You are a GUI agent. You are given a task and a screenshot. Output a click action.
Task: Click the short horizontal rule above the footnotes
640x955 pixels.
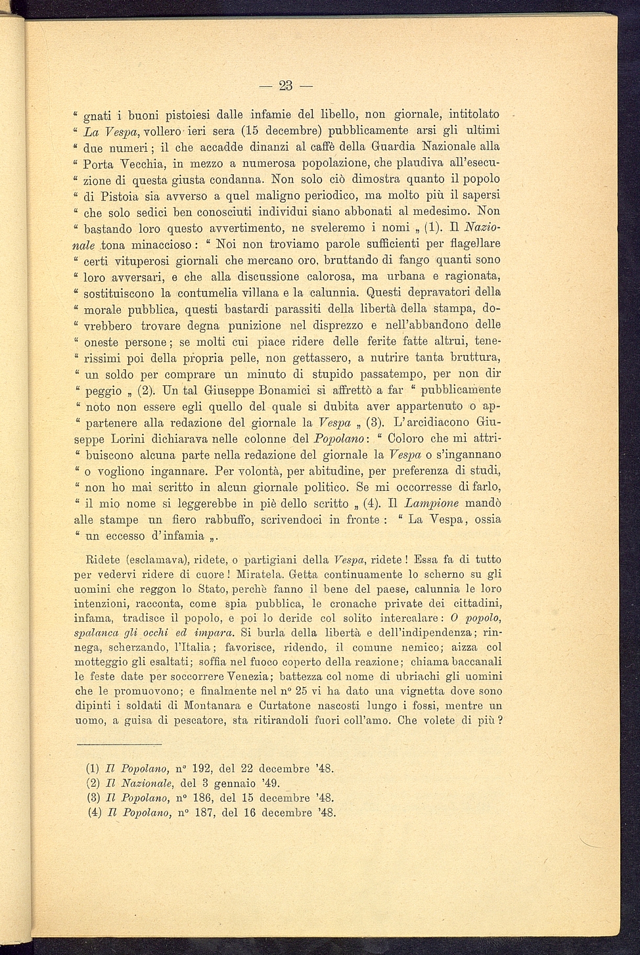tap(119, 745)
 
